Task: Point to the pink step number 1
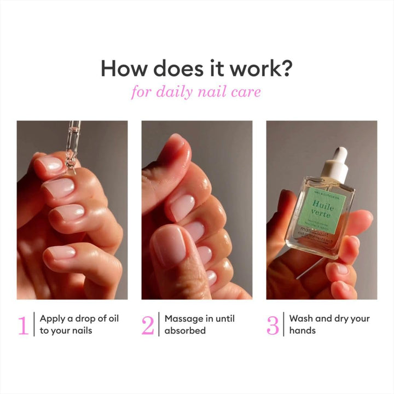tap(23, 325)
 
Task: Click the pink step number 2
tap(148, 325)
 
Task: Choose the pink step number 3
tap(273, 325)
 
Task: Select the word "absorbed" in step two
tap(185, 331)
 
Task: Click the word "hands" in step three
tap(302, 331)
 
